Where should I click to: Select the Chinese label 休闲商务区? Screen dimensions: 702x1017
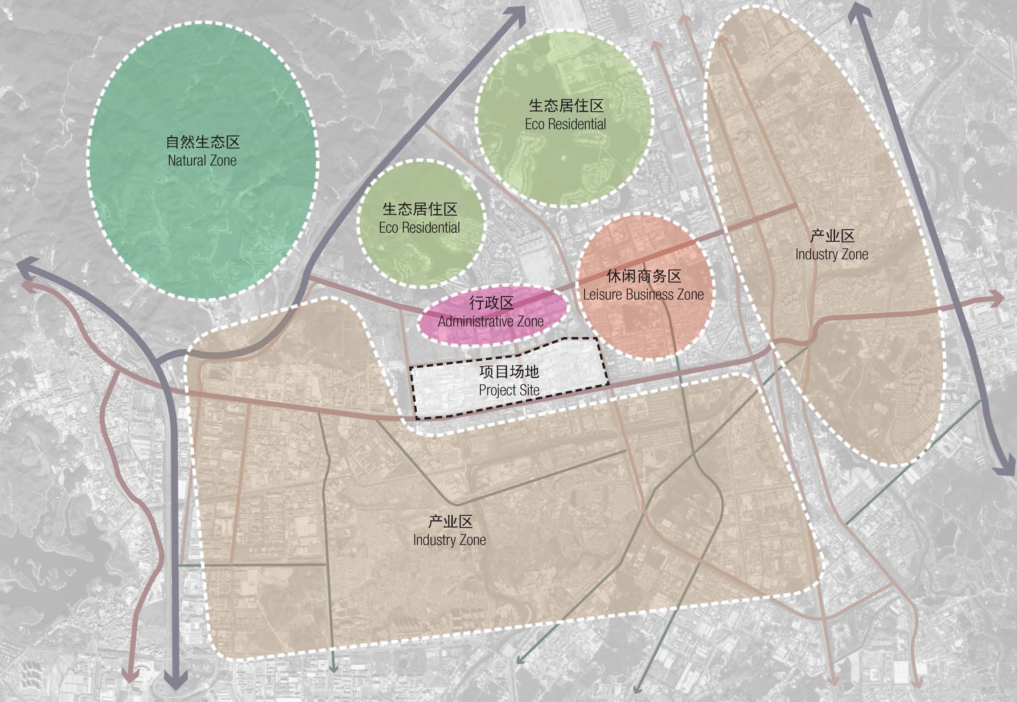pos(644,276)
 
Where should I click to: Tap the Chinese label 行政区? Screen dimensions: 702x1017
pos(491,303)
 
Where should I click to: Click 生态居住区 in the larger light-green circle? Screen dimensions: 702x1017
pos(565,106)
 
